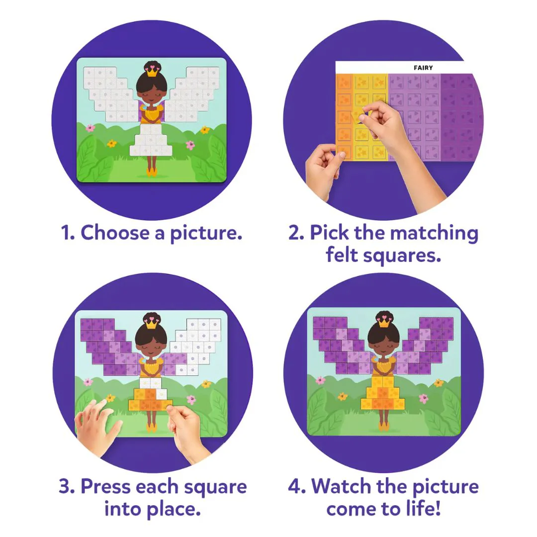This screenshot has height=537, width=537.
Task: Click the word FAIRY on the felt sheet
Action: (423, 68)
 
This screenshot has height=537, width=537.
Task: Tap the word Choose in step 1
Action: (115, 233)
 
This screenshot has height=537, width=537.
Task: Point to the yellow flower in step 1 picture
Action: (112, 144)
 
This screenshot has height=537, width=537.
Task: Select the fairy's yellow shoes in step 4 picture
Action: (383, 427)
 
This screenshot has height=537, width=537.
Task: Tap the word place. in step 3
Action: (174, 509)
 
